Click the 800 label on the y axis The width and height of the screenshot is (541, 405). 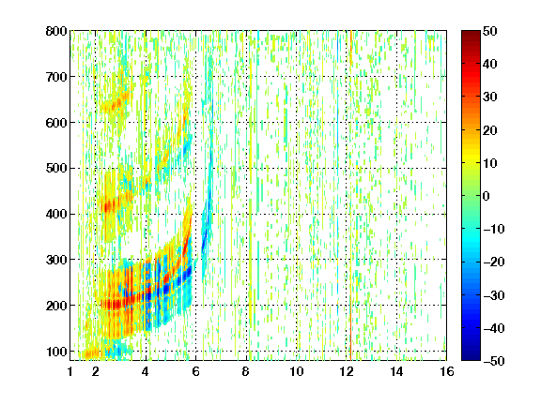56,31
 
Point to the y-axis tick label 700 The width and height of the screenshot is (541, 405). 56,77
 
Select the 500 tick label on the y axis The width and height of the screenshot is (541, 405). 56,169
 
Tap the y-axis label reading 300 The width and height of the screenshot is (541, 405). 56,260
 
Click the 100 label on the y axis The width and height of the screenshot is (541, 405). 56,352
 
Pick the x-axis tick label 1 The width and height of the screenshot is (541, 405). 70,371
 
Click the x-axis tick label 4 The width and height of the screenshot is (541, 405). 146,371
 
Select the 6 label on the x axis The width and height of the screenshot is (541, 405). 196,371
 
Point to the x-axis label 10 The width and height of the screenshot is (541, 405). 297,371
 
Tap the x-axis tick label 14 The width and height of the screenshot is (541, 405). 396,371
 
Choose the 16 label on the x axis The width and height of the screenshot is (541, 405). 447,371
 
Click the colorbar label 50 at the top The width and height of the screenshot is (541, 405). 490,31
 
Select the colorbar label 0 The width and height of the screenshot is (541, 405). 487,196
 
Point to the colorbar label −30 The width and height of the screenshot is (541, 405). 494,295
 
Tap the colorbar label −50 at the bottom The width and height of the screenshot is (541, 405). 494,361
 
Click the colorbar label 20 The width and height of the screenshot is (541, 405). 490,130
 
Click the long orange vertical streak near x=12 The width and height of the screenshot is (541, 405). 350,196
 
